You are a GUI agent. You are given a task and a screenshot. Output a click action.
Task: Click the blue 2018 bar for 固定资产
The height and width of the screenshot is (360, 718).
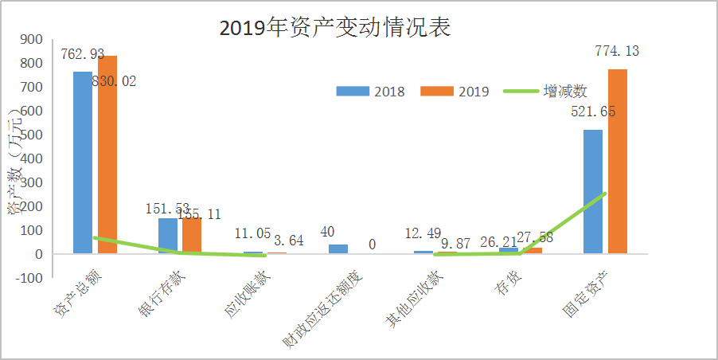(593, 192)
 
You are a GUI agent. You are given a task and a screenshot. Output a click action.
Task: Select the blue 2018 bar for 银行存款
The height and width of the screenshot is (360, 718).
(167, 236)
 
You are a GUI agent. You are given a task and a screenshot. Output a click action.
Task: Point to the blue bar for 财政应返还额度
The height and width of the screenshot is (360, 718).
(338, 249)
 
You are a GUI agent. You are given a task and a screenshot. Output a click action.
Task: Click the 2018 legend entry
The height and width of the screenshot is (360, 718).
(370, 91)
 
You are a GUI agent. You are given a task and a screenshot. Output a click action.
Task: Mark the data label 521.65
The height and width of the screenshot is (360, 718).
(593, 112)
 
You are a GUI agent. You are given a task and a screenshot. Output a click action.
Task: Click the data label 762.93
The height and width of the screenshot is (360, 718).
(83, 55)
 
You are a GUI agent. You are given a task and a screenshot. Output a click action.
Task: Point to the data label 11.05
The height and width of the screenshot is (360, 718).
(253, 233)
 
